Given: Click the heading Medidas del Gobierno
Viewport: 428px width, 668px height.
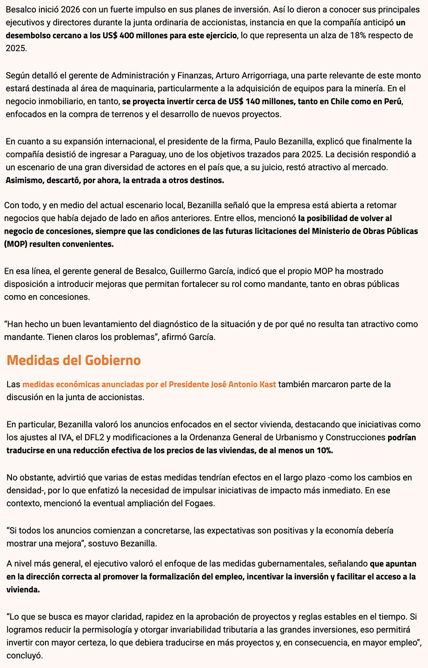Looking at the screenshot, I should (74, 360).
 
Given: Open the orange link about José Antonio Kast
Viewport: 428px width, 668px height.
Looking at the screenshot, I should (149, 384).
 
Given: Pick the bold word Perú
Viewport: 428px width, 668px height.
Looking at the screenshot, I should (393, 101).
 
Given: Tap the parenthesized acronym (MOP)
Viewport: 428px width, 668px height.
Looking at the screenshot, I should (16, 244).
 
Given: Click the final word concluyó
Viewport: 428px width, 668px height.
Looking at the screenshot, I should (25, 655).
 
